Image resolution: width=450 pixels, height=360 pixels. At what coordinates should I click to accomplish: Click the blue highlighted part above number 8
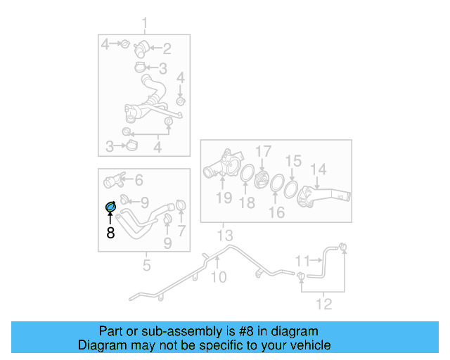(x=110, y=206)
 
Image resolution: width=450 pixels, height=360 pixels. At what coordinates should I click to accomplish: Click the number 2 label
(x=167, y=49)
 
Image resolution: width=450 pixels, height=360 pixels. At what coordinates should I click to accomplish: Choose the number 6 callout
(x=139, y=180)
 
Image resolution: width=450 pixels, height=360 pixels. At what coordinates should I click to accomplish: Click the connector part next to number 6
(x=115, y=181)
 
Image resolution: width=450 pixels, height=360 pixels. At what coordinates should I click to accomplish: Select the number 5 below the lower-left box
(x=146, y=265)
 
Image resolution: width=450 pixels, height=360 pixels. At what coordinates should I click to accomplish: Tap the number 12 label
(x=323, y=304)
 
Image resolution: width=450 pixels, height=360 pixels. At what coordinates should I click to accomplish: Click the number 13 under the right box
(x=224, y=234)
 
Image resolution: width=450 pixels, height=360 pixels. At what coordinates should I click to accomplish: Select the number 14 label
(x=319, y=169)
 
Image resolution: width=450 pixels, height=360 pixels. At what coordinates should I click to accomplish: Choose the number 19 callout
(x=224, y=198)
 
